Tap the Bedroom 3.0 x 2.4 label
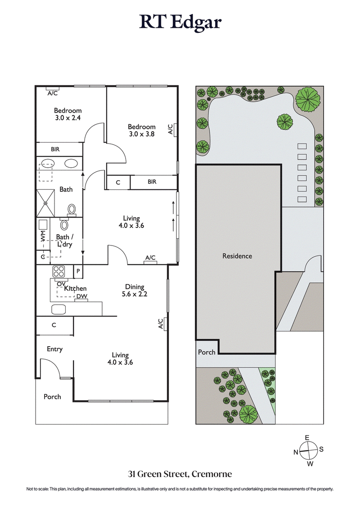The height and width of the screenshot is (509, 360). pyautogui.click(x=67, y=114)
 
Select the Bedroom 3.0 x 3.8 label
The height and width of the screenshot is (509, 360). pyautogui.click(x=142, y=130)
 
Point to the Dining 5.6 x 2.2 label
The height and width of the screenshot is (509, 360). pyautogui.click(x=135, y=290)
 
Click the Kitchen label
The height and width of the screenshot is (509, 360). pyautogui.click(x=75, y=288)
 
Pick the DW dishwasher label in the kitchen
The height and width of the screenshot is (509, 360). pyautogui.click(x=81, y=296)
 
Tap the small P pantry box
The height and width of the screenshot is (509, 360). pyautogui.click(x=78, y=271)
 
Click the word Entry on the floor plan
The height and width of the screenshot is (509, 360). pyautogui.click(x=55, y=349)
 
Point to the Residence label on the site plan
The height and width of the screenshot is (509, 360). pyautogui.click(x=237, y=256)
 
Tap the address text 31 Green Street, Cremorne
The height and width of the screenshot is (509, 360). pyautogui.click(x=180, y=474)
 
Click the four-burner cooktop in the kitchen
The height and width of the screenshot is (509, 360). pyautogui.click(x=59, y=271)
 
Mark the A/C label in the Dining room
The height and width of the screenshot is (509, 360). pyautogui.click(x=161, y=324)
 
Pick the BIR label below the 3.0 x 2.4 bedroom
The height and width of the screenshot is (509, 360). pyautogui.click(x=55, y=149)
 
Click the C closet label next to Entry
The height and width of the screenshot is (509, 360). pyautogui.click(x=54, y=325)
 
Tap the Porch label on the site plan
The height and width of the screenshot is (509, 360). pyautogui.click(x=207, y=352)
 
